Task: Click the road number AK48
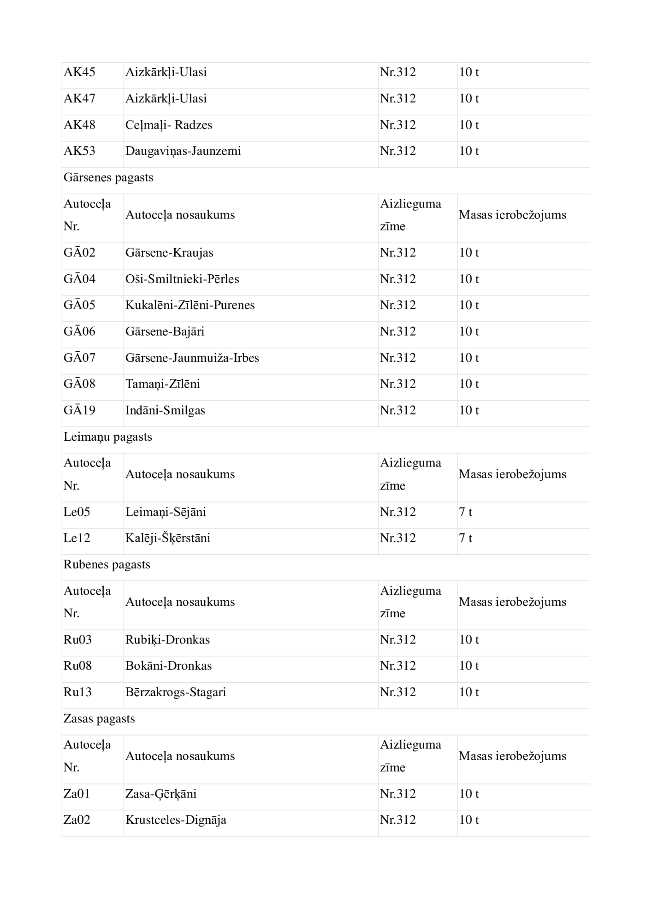click(x=79, y=125)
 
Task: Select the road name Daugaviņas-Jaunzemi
click(x=183, y=151)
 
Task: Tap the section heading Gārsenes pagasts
click(x=108, y=177)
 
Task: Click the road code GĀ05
click(x=79, y=305)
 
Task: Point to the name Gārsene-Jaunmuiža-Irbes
click(x=192, y=358)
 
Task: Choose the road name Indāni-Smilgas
click(x=165, y=410)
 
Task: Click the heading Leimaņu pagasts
click(x=108, y=437)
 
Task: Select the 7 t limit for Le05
click(x=465, y=512)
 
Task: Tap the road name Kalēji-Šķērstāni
click(x=168, y=538)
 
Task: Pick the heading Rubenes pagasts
click(x=107, y=565)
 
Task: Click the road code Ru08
click(x=77, y=666)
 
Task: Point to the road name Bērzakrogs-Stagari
click(x=176, y=692)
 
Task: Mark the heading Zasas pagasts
click(x=99, y=719)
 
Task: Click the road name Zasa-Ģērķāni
click(x=161, y=794)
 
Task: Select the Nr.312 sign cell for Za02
click(x=398, y=820)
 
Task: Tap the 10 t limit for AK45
click(x=469, y=72)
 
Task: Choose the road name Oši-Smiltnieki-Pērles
click(x=182, y=279)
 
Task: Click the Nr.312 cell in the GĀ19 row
click(x=398, y=410)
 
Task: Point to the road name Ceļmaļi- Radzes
click(x=169, y=125)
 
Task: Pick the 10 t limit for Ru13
click(x=469, y=692)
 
